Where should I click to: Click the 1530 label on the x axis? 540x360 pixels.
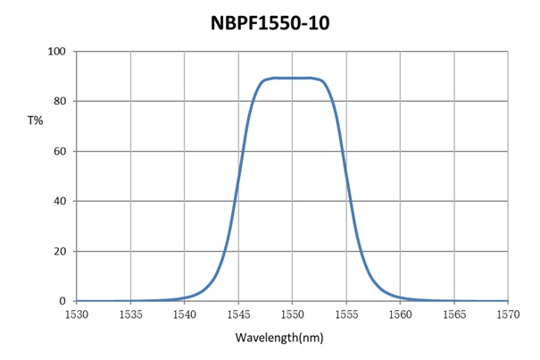point(77,314)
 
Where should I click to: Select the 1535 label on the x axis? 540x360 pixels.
point(131,314)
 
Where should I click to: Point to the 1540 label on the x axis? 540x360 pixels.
point(185,314)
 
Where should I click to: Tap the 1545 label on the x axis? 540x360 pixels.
point(238,314)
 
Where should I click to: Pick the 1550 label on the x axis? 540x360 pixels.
point(293,314)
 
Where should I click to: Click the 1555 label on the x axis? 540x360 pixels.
point(346,314)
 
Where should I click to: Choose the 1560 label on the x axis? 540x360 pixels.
point(400,314)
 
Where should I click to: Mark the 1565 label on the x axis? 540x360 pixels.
point(454,314)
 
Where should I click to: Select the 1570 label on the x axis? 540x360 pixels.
point(508,314)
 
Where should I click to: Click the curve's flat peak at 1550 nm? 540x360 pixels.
point(293,78)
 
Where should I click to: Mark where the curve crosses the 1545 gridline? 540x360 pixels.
point(238,186)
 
